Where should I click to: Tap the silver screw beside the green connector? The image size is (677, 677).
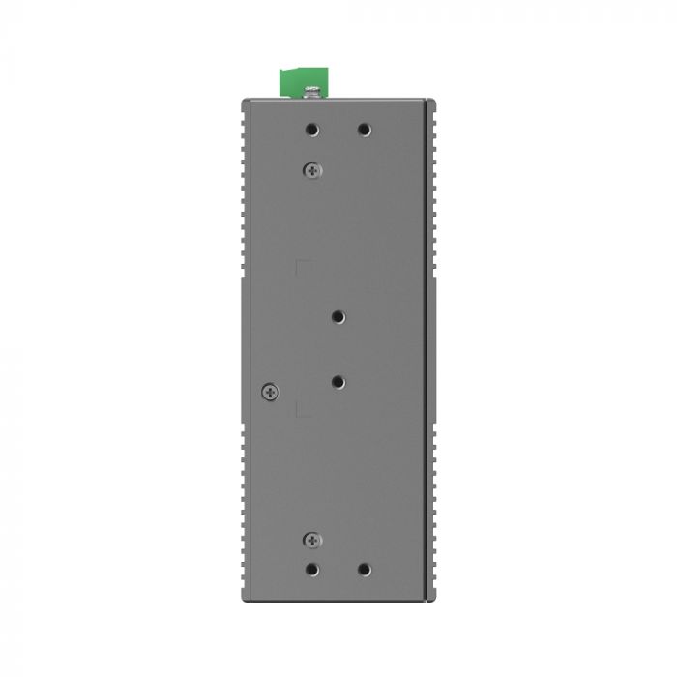pyautogui.click(x=313, y=93)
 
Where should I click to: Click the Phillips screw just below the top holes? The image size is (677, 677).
pyautogui.click(x=312, y=170)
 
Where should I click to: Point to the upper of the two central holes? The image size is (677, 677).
pyautogui.click(x=338, y=316)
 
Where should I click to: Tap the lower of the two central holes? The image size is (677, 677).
pyautogui.click(x=338, y=382)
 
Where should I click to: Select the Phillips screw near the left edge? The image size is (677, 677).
pyautogui.click(x=270, y=391)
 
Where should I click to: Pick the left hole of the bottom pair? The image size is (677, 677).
pyautogui.click(x=312, y=571)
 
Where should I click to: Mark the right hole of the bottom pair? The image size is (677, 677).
pyautogui.click(x=364, y=571)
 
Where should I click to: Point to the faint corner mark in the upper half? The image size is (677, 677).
pyautogui.click(x=301, y=264)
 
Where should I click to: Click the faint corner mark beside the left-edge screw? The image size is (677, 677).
pyautogui.click(x=301, y=410)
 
